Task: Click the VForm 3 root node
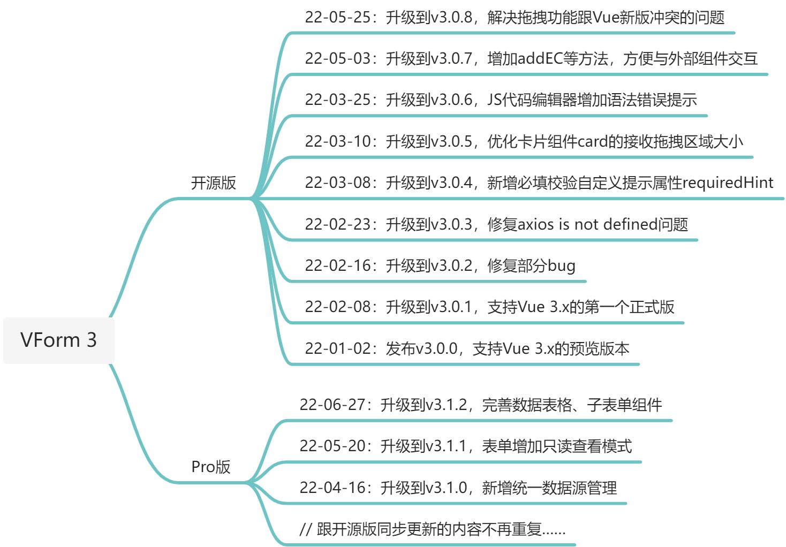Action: click(x=58, y=340)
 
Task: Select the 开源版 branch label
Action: click(x=213, y=183)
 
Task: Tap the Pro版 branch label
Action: click(x=211, y=467)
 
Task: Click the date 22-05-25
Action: click(x=338, y=18)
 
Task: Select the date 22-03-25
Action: click(x=338, y=100)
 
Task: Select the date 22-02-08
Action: click(x=338, y=307)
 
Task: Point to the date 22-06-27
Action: click(x=332, y=405)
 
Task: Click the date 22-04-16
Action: click(x=332, y=488)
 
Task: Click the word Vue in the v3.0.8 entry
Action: click(x=607, y=18)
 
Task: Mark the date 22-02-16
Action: click(x=338, y=266)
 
